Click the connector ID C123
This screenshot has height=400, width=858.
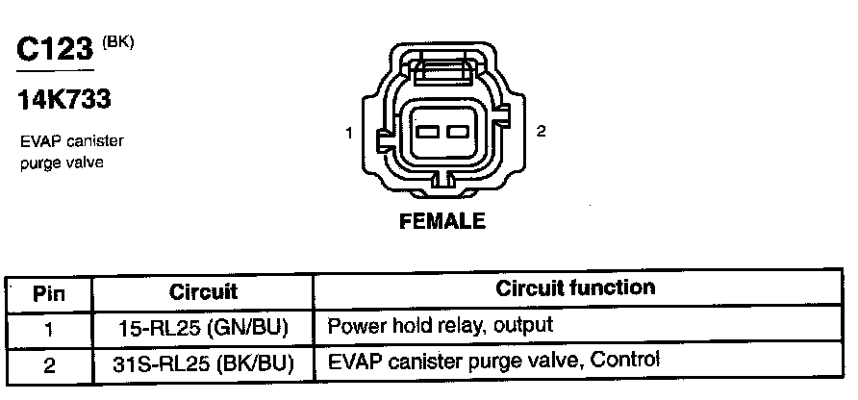point(56,50)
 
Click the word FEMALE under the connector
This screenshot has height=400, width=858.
point(442,221)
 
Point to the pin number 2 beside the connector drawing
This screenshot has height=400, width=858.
point(542,132)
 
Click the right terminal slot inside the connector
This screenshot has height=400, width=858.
point(455,132)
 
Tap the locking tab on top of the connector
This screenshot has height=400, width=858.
point(442,69)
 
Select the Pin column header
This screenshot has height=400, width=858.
point(48,291)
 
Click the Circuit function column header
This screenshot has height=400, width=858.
point(575,287)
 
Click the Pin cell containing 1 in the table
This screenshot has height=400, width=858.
point(48,328)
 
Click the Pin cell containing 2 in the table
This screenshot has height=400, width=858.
point(48,364)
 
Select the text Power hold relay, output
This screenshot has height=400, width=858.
point(441,325)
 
